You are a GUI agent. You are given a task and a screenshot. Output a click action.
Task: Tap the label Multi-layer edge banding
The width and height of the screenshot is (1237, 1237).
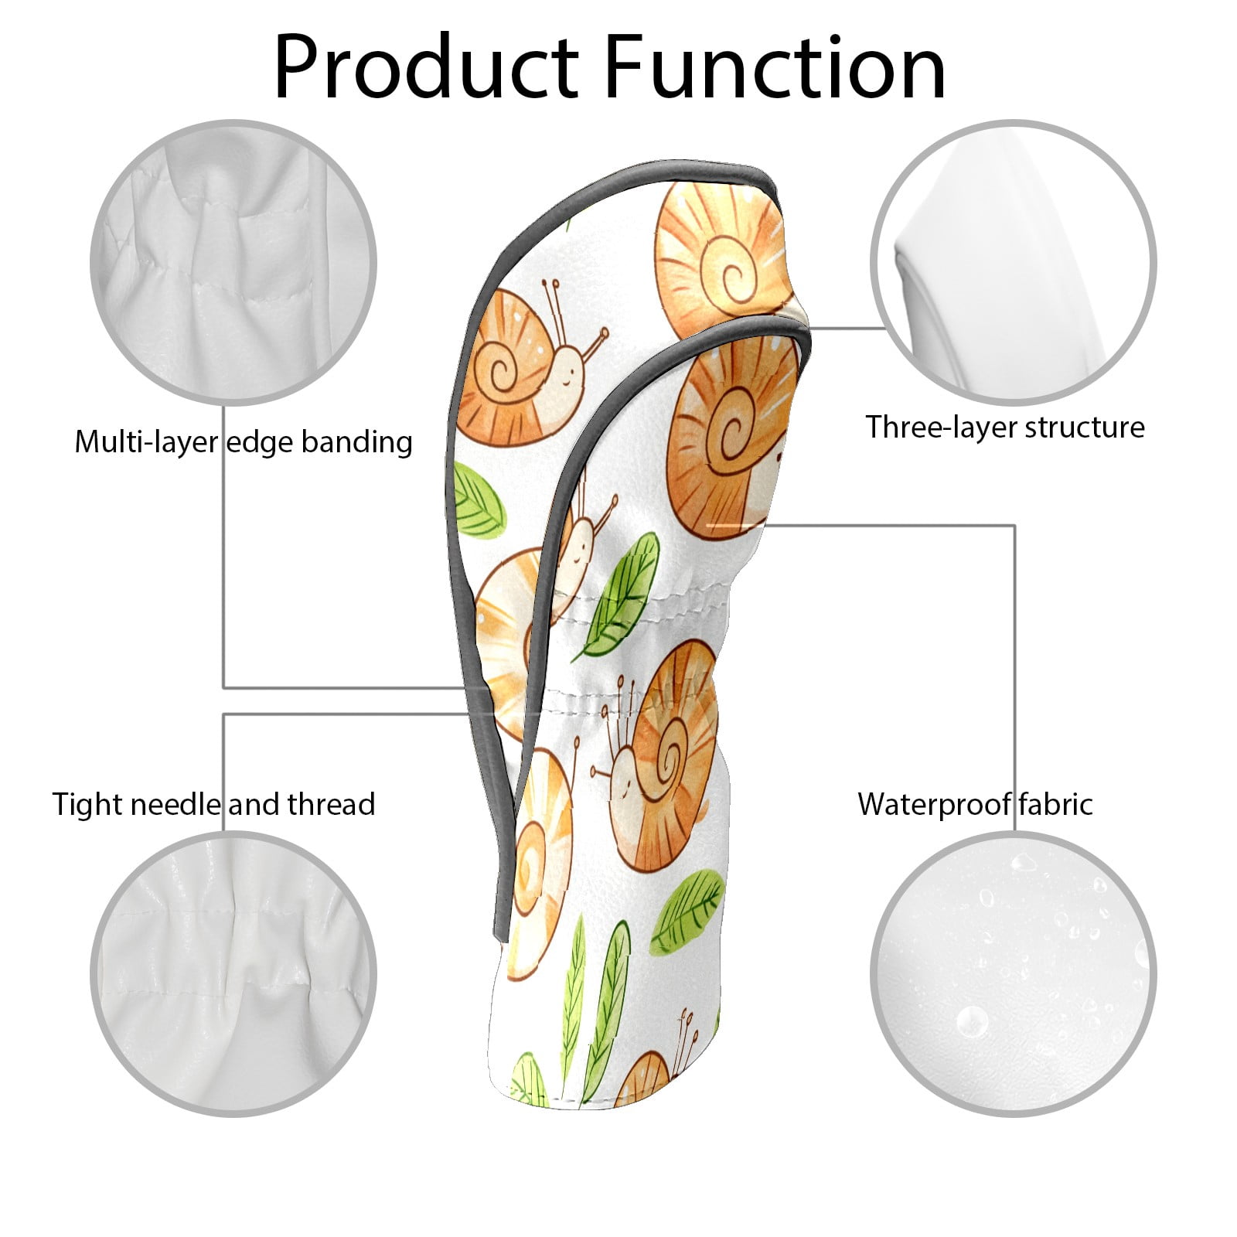pyautogui.click(x=244, y=442)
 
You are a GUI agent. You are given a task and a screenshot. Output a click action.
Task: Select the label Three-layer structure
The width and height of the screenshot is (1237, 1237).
pyautogui.click(x=1005, y=428)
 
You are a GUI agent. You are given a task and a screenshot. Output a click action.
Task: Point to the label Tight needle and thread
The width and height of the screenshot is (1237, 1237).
pyautogui.click(x=213, y=804)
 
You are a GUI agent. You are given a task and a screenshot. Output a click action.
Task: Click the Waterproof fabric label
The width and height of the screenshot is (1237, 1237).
pyautogui.click(x=976, y=804)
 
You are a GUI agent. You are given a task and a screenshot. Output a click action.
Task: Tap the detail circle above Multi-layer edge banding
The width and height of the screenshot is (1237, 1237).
pyautogui.click(x=233, y=262)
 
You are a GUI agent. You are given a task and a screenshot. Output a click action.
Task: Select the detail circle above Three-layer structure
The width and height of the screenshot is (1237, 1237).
pyautogui.click(x=1014, y=262)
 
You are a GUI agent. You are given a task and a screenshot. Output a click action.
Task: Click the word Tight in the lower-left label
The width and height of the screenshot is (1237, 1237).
pyautogui.click(x=87, y=805)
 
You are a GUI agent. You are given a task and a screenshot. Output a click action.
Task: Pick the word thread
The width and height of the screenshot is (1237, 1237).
pyautogui.click(x=332, y=804)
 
